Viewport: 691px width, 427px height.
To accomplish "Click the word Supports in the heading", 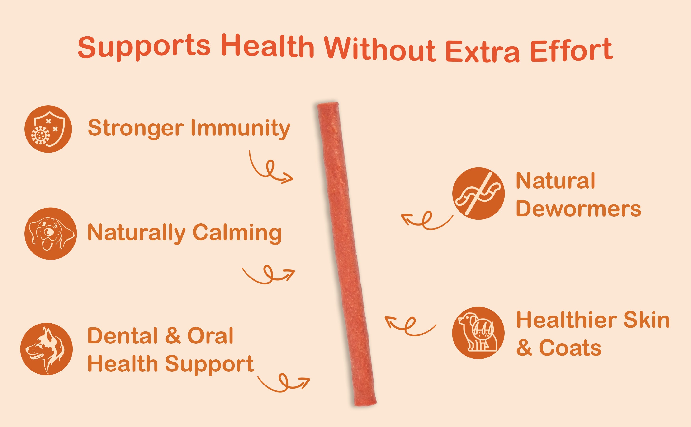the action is click(144, 47).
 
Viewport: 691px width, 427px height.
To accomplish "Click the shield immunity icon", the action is click(48, 129).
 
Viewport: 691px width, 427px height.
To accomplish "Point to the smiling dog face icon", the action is click(51, 234).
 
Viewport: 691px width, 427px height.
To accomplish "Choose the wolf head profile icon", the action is click(46, 349).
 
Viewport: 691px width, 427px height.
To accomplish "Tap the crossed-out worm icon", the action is click(478, 193).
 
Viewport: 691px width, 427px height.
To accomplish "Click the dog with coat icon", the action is click(478, 333).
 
